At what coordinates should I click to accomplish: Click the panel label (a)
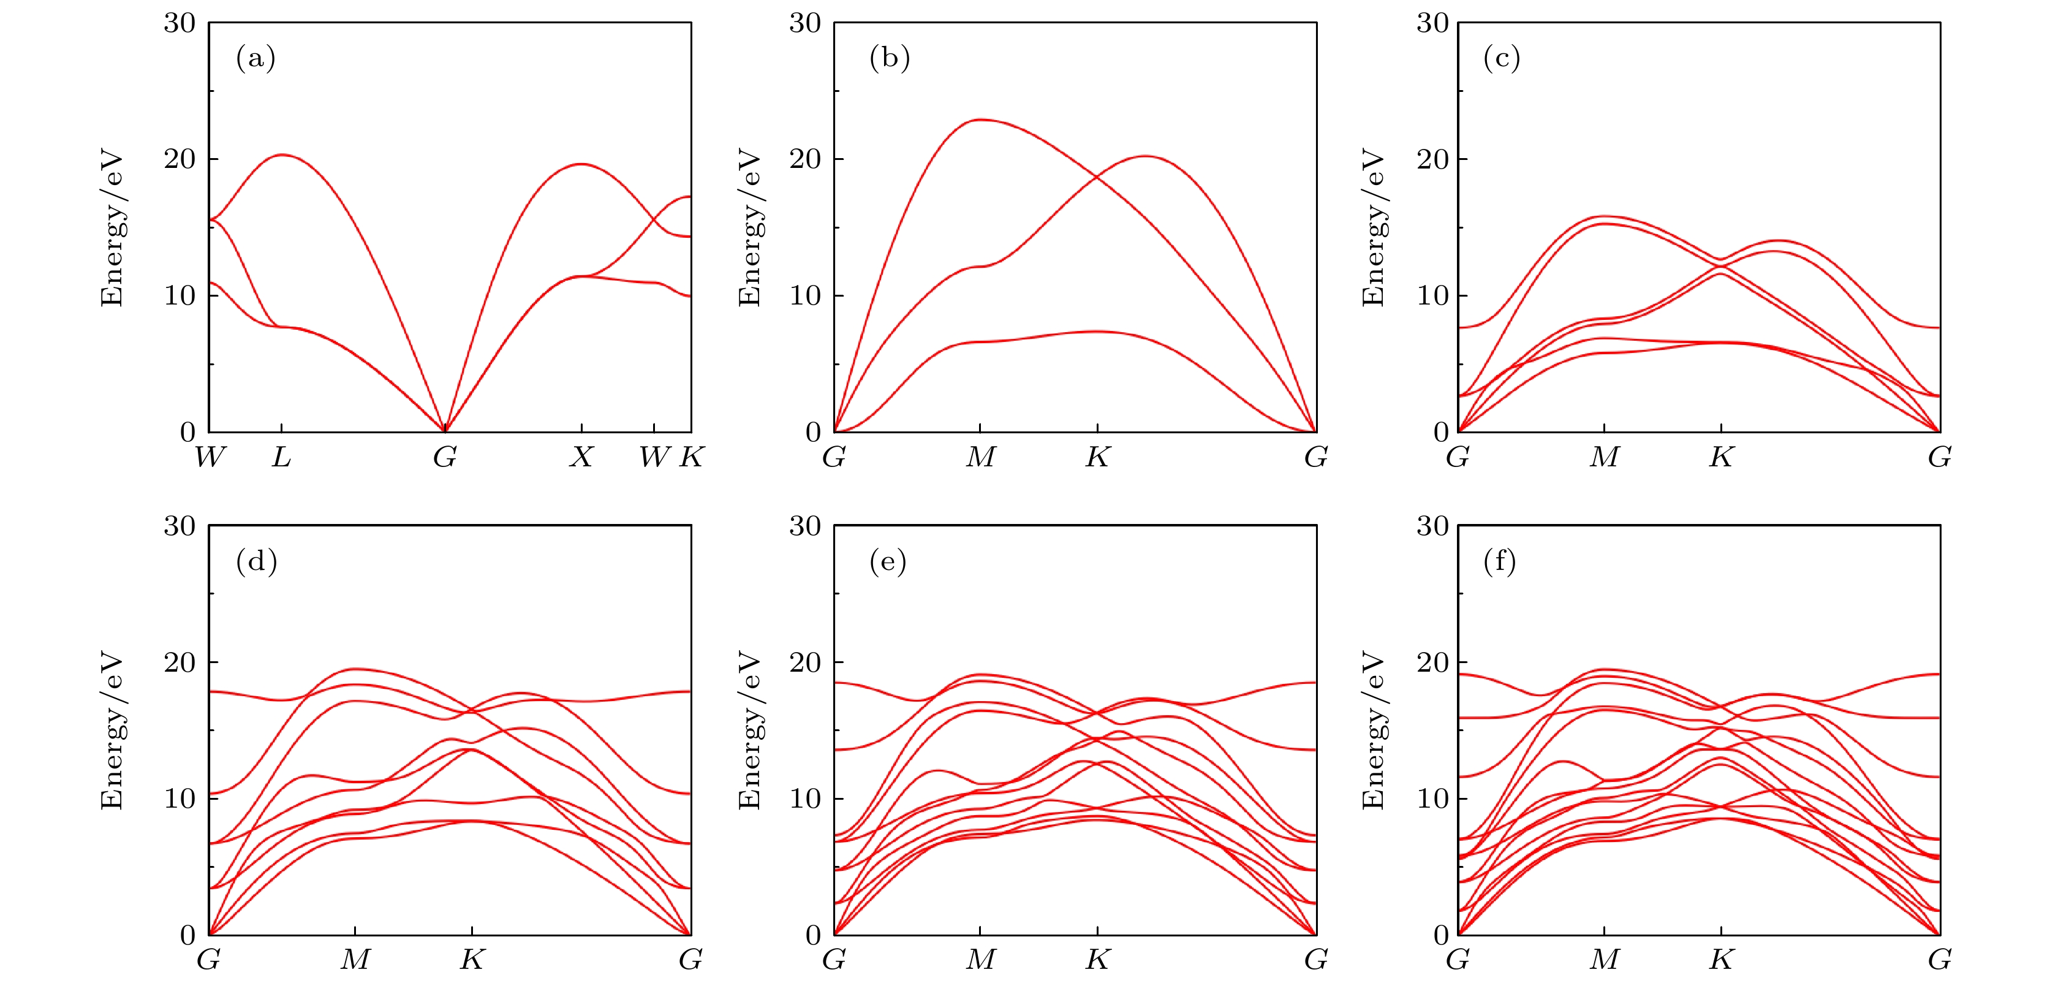(x=255, y=58)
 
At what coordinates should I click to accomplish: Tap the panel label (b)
(x=889, y=58)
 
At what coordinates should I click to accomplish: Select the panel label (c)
(x=1501, y=58)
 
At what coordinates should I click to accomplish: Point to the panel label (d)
(x=256, y=562)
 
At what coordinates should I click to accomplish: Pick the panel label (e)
(x=887, y=562)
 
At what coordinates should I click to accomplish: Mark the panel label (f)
(x=1499, y=562)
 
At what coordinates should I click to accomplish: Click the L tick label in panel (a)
(x=281, y=457)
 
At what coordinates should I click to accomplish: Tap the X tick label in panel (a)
(x=582, y=457)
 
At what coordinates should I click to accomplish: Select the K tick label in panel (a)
(x=690, y=457)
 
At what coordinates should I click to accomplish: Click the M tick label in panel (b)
(x=980, y=457)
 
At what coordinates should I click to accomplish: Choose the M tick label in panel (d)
(x=355, y=960)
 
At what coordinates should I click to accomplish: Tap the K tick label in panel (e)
(x=1097, y=960)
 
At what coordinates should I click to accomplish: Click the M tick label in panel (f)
(x=1605, y=960)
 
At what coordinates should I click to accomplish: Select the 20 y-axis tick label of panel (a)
(x=180, y=159)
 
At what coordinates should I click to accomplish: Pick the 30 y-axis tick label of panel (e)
(x=804, y=526)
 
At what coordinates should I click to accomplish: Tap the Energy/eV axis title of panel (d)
(x=112, y=730)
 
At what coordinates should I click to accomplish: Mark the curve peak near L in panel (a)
(x=282, y=154)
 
